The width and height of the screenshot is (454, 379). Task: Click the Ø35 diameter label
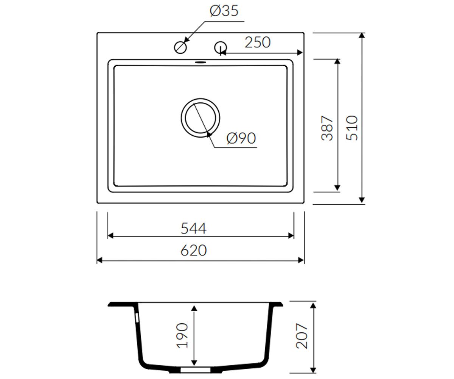coord(224,11)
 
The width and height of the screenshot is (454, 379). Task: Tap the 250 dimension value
coord(257,42)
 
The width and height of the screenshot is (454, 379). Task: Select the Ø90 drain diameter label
coord(241,138)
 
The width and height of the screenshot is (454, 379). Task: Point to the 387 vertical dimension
coord(327,128)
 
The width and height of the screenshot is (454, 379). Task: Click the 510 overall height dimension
coord(352,128)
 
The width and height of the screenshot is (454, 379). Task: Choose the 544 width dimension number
coord(193,229)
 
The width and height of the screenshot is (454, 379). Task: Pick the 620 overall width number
coord(193,251)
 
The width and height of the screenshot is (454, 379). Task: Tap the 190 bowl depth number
coord(182,336)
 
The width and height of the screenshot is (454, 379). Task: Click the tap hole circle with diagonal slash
coord(180,47)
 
